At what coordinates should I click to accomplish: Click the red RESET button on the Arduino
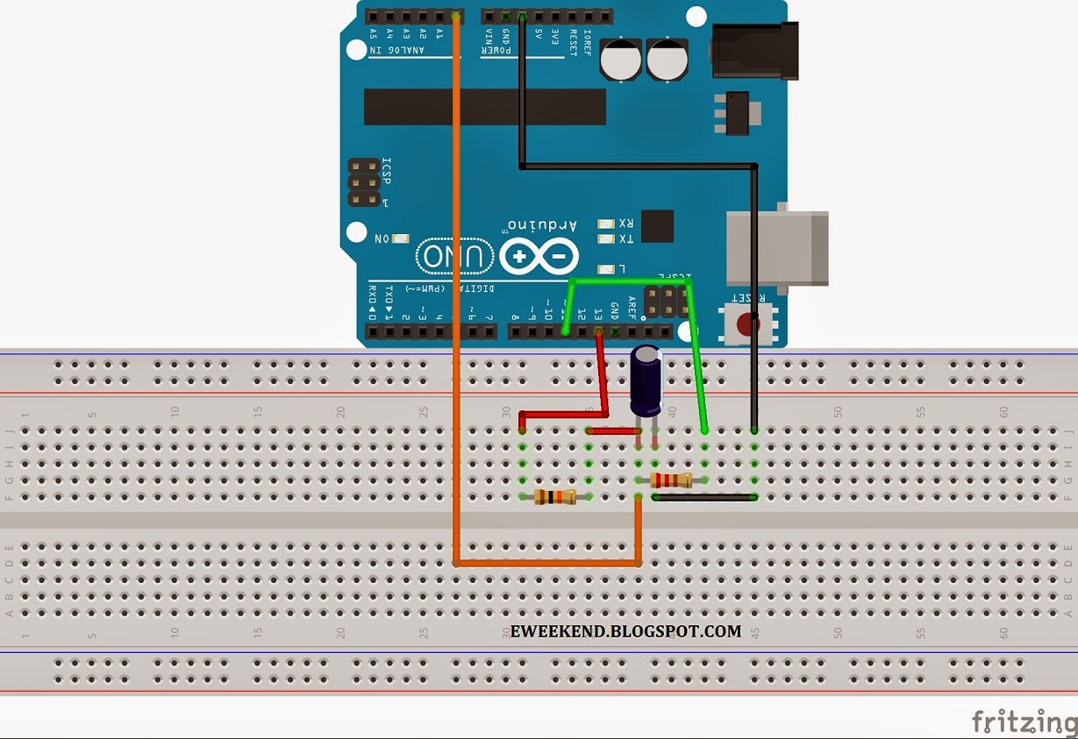click(x=746, y=324)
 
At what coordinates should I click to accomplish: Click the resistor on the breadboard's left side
click(x=555, y=497)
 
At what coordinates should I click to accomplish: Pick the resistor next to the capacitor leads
click(x=672, y=480)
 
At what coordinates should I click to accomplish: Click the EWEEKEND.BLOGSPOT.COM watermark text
click(x=625, y=631)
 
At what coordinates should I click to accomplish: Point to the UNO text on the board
click(x=453, y=256)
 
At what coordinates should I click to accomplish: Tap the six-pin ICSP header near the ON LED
click(x=364, y=182)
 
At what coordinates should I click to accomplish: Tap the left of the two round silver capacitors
click(x=622, y=59)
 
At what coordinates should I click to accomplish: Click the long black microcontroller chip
click(x=484, y=106)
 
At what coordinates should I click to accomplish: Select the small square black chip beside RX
click(x=657, y=226)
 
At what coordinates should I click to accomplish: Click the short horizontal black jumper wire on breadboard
click(x=704, y=498)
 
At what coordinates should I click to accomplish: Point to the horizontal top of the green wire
click(x=630, y=281)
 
